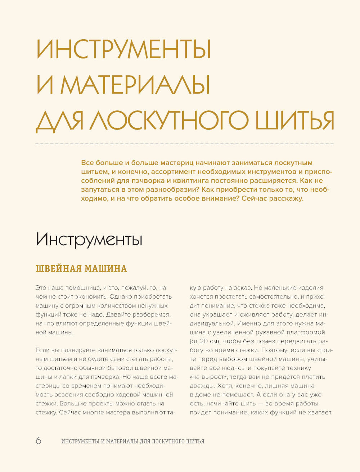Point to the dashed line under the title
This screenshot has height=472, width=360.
point(184,144)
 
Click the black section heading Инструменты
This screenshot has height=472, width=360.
point(89,240)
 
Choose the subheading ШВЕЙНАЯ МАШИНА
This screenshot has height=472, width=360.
point(81,268)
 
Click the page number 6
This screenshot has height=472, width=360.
point(39,441)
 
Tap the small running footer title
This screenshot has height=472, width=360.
point(133,441)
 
